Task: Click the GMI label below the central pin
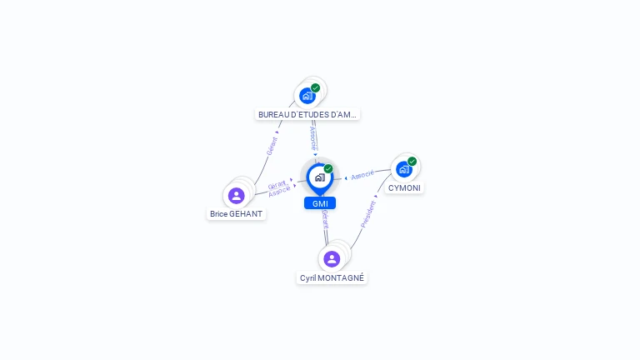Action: tap(320, 203)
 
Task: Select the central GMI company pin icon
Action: tap(319, 177)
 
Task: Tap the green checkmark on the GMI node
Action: tap(328, 168)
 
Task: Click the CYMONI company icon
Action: tap(404, 169)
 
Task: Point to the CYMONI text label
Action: tap(404, 188)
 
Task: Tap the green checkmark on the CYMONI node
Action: tap(412, 162)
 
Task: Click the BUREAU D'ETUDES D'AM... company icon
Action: tap(307, 96)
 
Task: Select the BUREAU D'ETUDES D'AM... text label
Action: tap(307, 115)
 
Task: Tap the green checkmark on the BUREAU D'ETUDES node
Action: tap(316, 88)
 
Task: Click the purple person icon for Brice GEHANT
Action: tap(237, 196)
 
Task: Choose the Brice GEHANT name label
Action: tap(237, 214)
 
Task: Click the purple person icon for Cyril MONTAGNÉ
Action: tap(332, 259)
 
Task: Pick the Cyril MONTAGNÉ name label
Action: tap(332, 278)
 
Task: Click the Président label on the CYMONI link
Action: tap(368, 213)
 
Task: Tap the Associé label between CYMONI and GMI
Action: tap(362, 176)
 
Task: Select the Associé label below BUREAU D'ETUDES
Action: tap(312, 134)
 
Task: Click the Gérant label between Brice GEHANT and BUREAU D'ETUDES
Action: tap(271, 146)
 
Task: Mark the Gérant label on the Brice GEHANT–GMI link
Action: tap(277, 184)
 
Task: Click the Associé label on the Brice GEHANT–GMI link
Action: tap(280, 192)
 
